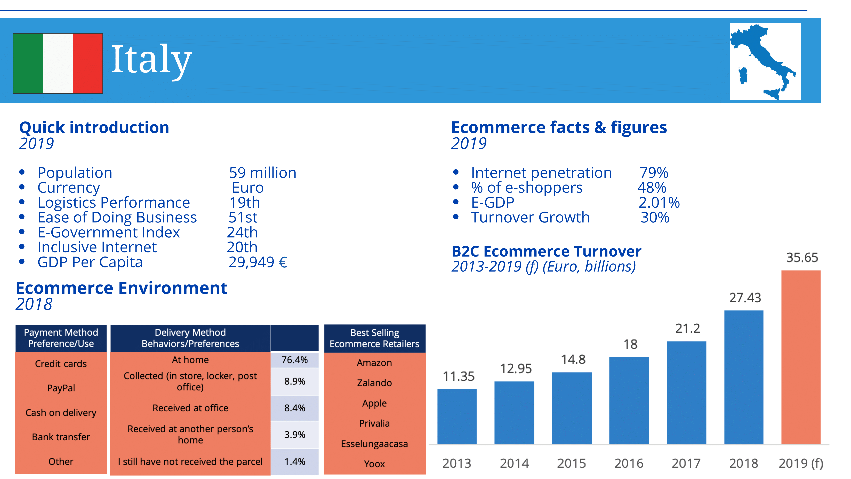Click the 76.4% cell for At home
coord(294,360)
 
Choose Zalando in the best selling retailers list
coord(374,383)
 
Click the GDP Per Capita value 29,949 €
coord(258,262)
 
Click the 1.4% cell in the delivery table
coord(294,461)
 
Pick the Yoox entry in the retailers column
coord(374,464)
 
